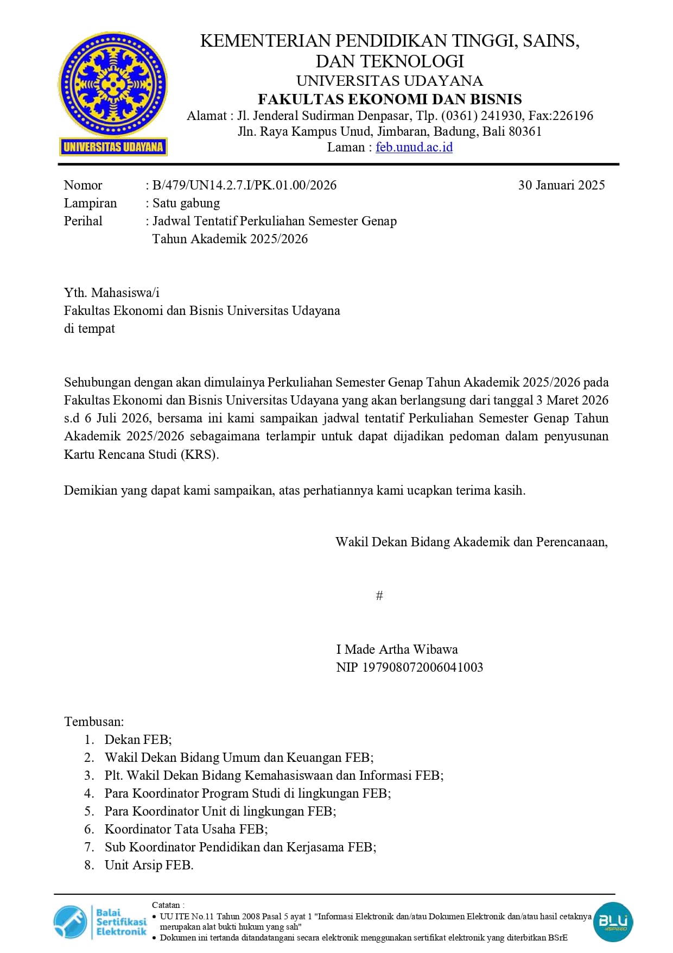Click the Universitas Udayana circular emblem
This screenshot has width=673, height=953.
112,84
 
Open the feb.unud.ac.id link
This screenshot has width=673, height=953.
414,147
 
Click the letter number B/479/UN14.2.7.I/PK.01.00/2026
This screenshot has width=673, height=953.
244,185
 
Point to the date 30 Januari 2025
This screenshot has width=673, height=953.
561,185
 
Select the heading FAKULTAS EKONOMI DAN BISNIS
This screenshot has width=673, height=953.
390,99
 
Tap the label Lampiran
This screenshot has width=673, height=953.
90,203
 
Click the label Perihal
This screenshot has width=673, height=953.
83,221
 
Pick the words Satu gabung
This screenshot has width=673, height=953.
186,203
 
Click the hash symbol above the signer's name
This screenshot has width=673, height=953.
379,596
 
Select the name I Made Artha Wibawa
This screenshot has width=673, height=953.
397,649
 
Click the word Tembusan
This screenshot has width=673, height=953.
94,722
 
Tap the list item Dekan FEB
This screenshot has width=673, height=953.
138,740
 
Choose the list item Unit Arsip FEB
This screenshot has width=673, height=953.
149,865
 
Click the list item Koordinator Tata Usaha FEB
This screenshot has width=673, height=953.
186,829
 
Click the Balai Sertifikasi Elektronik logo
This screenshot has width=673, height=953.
100,922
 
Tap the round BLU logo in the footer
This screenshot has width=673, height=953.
613,922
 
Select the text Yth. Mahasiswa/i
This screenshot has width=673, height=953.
112,293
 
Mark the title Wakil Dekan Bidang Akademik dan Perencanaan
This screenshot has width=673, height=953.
471,542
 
